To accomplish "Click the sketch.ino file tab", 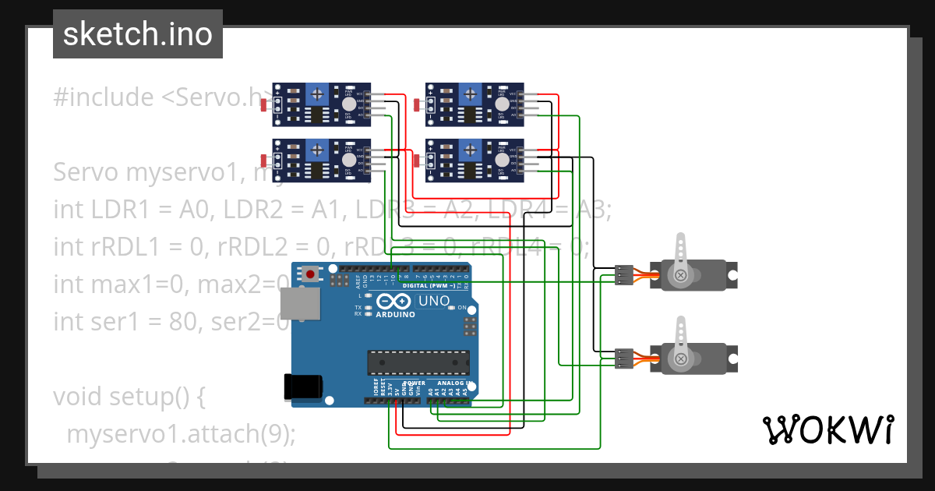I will click(137, 34).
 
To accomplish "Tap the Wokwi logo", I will click(827, 429).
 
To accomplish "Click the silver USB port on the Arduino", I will click(300, 303).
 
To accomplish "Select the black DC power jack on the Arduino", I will click(302, 387).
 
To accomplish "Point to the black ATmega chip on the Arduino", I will click(418, 362).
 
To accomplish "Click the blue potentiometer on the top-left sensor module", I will click(317, 94).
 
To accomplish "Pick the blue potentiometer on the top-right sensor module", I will click(471, 94).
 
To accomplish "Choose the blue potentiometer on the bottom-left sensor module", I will click(317, 150).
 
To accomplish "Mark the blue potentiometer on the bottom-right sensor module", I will click(471, 150).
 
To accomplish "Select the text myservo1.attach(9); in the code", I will click(181, 434).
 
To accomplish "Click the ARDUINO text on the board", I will click(395, 315).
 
